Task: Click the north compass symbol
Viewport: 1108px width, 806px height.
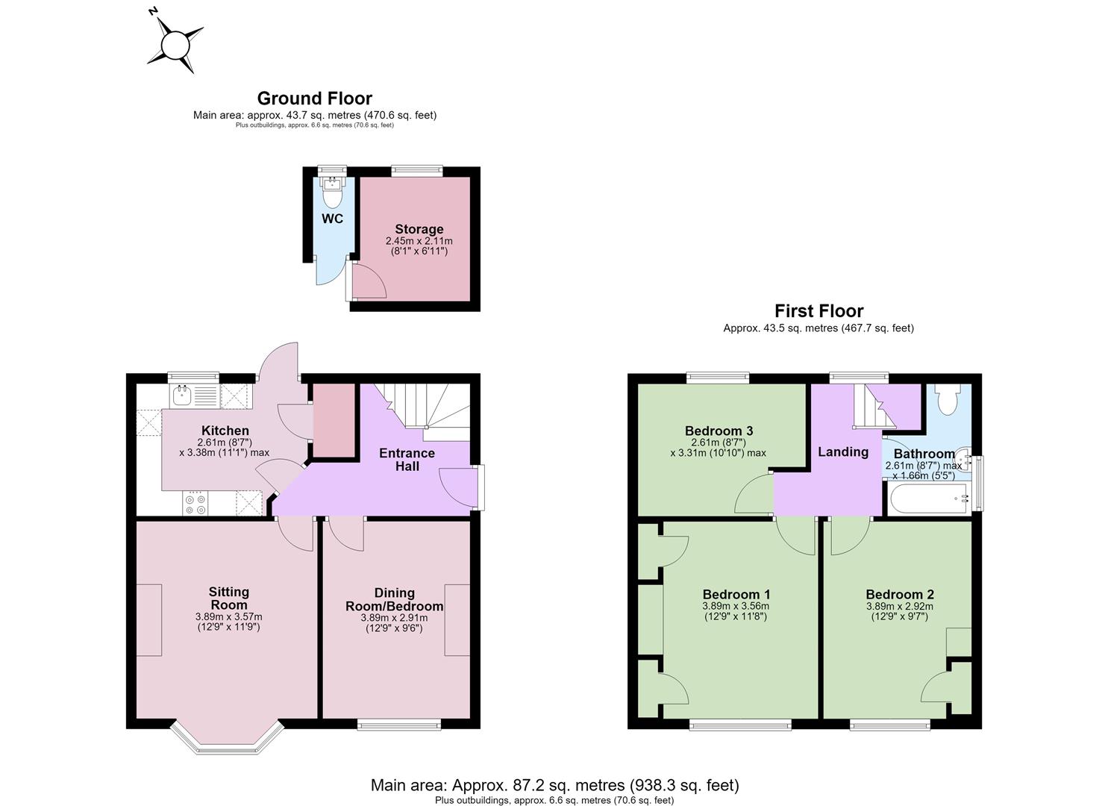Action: pos(175,43)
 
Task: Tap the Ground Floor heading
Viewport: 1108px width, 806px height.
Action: pos(315,99)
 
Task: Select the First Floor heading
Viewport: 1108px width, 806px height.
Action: pos(819,310)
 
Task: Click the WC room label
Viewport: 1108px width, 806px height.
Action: pos(333,219)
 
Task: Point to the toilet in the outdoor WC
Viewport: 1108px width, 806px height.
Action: pos(331,193)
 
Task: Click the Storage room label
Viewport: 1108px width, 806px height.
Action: pos(419,229)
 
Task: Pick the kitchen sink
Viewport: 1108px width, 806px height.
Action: pos(183,396)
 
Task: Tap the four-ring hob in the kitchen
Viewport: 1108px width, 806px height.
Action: pos(195,503)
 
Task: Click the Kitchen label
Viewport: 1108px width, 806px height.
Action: pos(225,431)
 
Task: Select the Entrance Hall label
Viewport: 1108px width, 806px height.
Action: pos(407,460)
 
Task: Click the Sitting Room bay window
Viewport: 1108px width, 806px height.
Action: pos(228,740)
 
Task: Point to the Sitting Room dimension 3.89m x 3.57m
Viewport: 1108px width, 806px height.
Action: pos(228,617)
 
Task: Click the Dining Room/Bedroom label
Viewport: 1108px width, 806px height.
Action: pos(394,600)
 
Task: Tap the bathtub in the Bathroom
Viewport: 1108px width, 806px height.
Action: pos(928,499)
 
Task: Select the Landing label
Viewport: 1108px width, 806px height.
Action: pos(843,452)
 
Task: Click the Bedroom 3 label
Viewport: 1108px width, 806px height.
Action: pos(719,431)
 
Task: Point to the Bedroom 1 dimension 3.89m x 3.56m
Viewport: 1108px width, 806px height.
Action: pos(736,606)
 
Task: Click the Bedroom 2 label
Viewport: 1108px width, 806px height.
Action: pos(900,594)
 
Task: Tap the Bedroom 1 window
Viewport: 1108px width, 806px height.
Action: pos(740,725)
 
